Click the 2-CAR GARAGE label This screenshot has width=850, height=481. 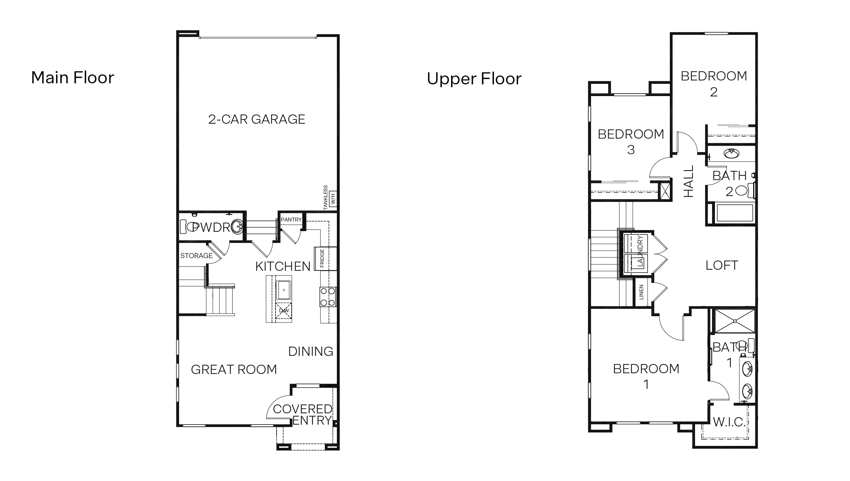point(256,119)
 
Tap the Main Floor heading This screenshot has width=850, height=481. point(73,78)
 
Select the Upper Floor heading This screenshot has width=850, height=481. point(474,79)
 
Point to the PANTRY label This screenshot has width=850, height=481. point(291,220)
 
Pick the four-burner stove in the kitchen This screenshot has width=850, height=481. point(328,297)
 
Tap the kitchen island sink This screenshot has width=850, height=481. point(284,290)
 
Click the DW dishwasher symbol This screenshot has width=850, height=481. point(284,311)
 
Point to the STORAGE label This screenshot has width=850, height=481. point(196,256)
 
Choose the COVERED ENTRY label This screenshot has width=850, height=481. point(302,414)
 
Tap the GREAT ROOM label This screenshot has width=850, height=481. point(234,369)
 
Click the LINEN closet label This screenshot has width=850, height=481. point(641,292)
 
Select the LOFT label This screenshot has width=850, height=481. point(722,265)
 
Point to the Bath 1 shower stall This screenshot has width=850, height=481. point(735,321)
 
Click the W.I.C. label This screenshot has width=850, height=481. point(729,422)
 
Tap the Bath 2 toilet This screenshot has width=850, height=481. point(743,191)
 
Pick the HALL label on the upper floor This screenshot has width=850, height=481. point(688,181)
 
